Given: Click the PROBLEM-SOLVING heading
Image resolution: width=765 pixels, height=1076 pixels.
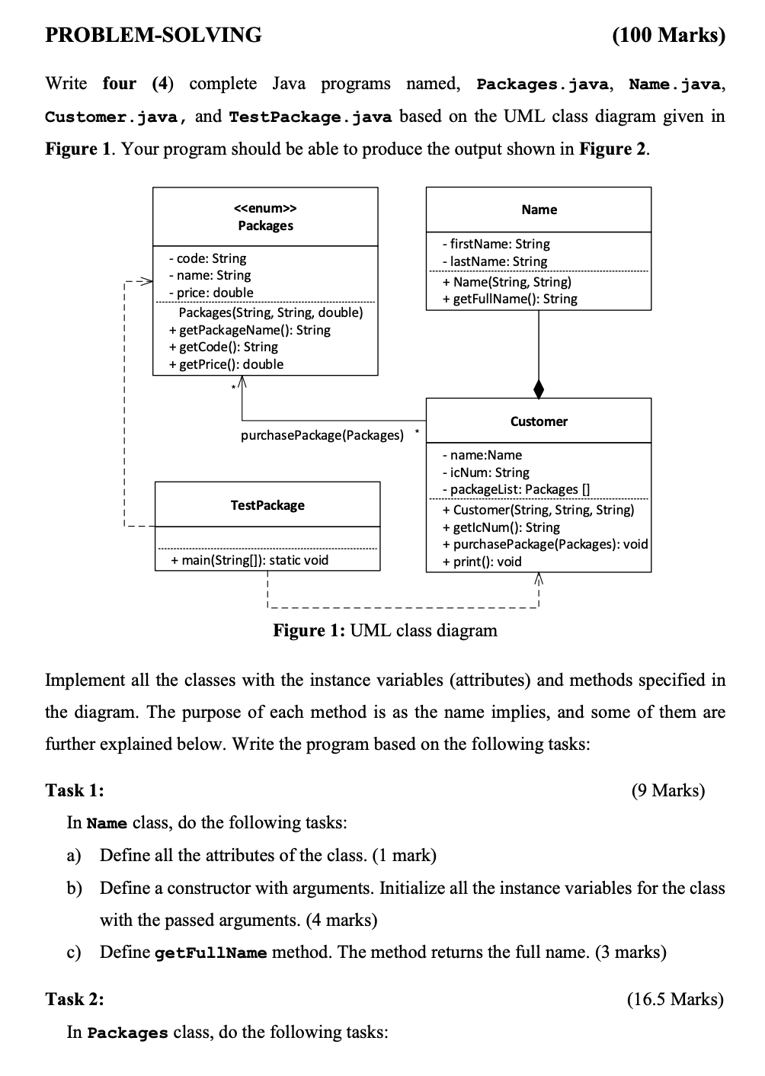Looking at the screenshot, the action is coord(153,34).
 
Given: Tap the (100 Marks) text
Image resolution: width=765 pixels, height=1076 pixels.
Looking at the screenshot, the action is coord(669,35).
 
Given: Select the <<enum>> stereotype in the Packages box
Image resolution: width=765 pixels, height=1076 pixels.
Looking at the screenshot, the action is coord(265,208).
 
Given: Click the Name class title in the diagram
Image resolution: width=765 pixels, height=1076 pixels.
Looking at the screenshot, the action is coord(539,210).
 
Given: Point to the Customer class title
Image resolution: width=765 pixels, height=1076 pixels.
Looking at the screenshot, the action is coord(539,421).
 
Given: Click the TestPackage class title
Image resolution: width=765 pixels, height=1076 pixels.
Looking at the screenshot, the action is coord(267,505).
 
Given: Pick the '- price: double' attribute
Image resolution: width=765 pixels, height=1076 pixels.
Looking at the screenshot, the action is coord(211,292).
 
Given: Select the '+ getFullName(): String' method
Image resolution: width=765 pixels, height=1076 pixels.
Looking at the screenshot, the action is coord(510,299).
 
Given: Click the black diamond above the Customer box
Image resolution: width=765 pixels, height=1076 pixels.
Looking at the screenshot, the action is coord(539,389).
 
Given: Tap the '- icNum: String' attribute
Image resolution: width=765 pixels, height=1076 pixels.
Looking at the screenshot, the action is coord(486,472).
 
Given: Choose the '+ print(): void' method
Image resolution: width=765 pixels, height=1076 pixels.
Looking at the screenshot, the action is coord(482,562).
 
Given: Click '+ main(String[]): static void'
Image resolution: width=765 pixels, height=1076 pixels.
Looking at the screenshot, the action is coord(250,560).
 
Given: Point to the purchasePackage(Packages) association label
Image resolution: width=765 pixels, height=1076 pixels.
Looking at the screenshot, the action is coord(322,435).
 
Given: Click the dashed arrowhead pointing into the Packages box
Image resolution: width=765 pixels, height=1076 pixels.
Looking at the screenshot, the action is coord(146,281).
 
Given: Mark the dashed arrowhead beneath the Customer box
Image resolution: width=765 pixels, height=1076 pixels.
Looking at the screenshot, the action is coord(539,578).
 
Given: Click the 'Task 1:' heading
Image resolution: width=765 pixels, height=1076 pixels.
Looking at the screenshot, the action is coord(75,790).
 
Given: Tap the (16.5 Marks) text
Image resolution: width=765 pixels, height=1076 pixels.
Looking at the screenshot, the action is coord(675,1000).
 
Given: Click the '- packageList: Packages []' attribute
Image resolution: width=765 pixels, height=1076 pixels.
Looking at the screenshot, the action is coord(517,489).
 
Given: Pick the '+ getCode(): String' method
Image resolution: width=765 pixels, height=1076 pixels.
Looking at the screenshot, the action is coord(223,347).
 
